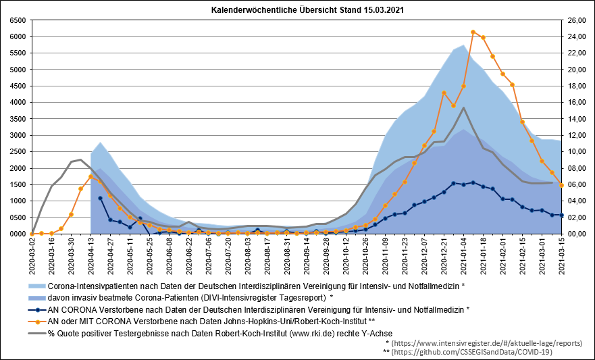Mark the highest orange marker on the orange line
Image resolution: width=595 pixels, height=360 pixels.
(473, 32)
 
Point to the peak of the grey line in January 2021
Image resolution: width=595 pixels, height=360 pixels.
(463, 107)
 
